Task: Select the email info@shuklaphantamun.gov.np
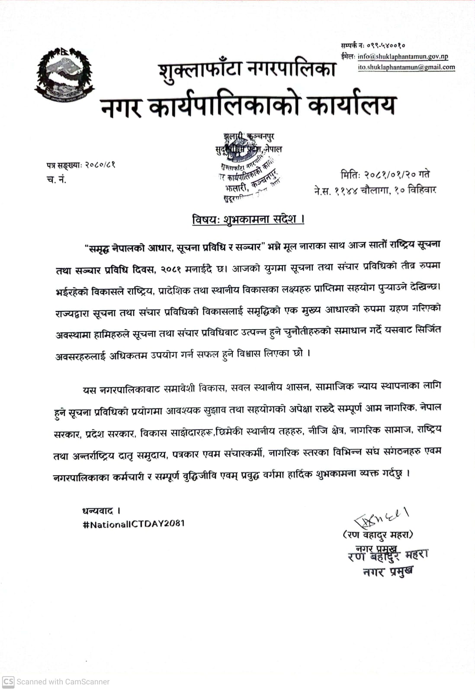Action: tap(403, 56)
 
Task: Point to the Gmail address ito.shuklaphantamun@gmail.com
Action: tap(406, 67)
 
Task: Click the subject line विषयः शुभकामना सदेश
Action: tap(248, 219)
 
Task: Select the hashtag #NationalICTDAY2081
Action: tap(134, 524)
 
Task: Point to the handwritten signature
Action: tap(381, 517)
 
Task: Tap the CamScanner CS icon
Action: tap(8, 681)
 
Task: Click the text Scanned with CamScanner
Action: tap(63, 681)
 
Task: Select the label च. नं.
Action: tap(56, 179)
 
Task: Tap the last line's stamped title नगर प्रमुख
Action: tap(388, 571)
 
